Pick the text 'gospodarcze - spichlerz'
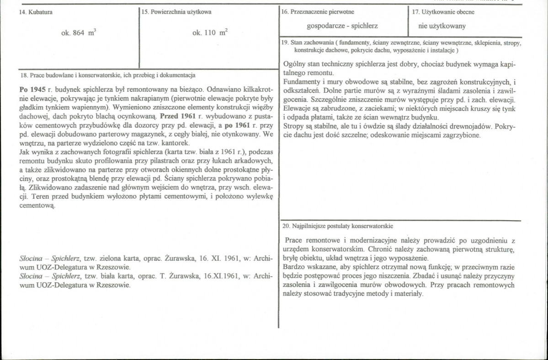pyautogui.click(x=342, y=26)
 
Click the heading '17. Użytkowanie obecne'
pyautogui.click(x=443, y=12)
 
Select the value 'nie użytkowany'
pyautogui.click(x=442, y=26)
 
